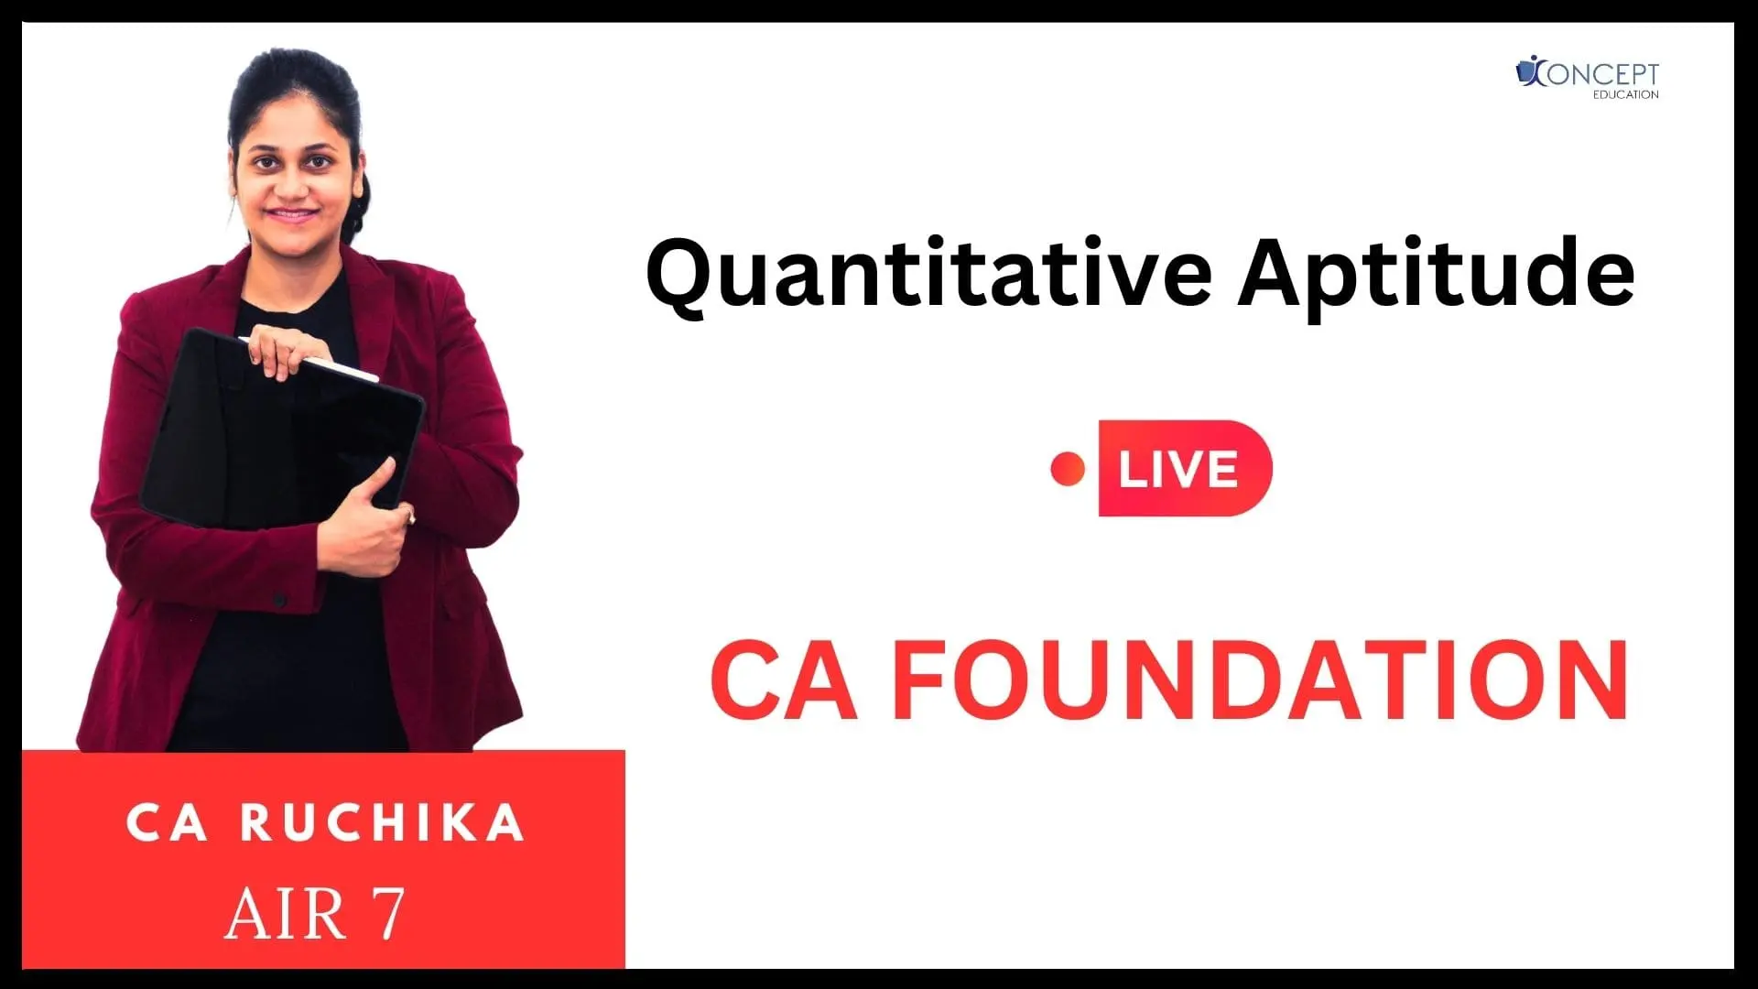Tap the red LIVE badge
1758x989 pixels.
point(1185,468)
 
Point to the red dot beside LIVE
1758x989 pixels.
point(1068,470)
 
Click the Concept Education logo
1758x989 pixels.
point(1588,77)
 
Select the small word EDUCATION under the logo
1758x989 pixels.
point(1625,94)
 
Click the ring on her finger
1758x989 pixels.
point(412,519)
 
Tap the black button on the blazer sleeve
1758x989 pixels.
point(279,601)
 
